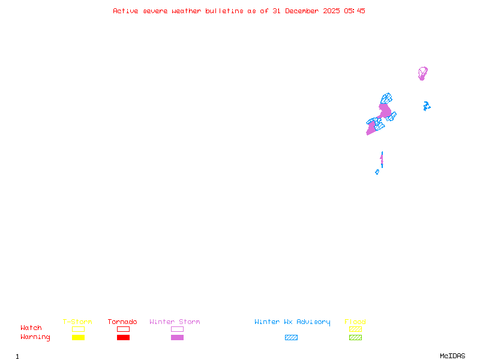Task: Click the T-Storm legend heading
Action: pyautogui.click(x=77, y=322)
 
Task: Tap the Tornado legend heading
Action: pyautogui.click(x=122, y=322)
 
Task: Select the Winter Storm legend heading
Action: pyautogui.click(x=175, y=322)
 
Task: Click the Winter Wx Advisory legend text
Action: pyautogui.click(x=292, y=322)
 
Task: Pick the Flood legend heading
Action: pyautogui.click(x=355, y=322)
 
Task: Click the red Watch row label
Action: pyautogui.click(x=31, y=328)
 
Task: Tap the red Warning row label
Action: pyautogui.click(x=35, y=337)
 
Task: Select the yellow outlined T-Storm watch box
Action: pyautogui.click(x=78, y=329)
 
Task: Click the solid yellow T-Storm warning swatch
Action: pyautogui.click(x=78, y=338)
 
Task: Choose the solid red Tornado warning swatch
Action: pyautogui.click(x=123, y=338)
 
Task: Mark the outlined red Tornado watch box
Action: pyautogui.click(x=123, y=329)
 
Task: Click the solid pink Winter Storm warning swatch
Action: pyautogui.click(x=177, y=338)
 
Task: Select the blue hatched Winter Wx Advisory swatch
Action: pyautogui.click(x=291, y=338)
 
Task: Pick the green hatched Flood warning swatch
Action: pyautogui.click(x=355, y=338)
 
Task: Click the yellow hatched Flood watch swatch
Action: pyautogui.click(x=355, y=329)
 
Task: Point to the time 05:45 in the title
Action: pyautogui.click(x=354, y=11)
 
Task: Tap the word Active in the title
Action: pyautogui.click(x=126, y=11)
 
